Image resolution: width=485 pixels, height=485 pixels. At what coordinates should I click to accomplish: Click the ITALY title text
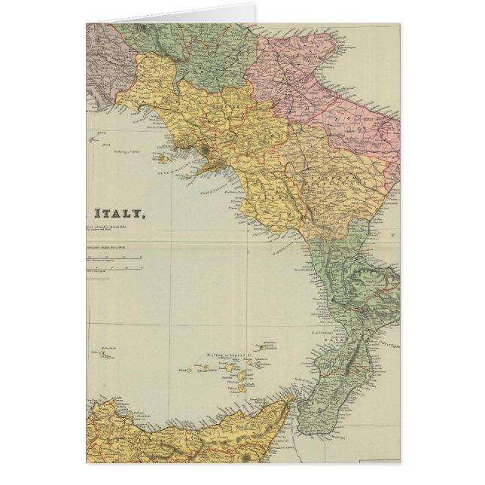point(115,213)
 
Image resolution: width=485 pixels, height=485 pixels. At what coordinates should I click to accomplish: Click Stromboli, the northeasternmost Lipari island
point(267,348)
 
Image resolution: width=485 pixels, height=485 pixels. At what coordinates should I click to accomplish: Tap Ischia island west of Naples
point(164,159)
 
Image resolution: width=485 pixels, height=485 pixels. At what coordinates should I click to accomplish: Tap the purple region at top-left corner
point(98,60)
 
